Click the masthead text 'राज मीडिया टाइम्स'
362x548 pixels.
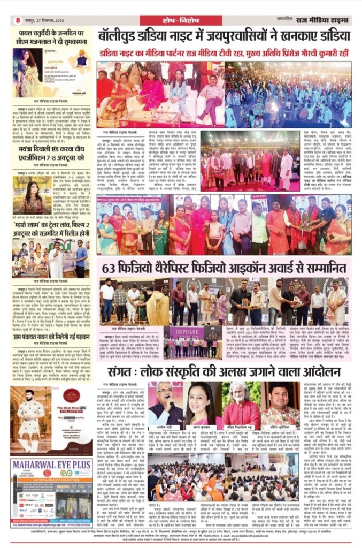pyautogui.click(x=326, y=21)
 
